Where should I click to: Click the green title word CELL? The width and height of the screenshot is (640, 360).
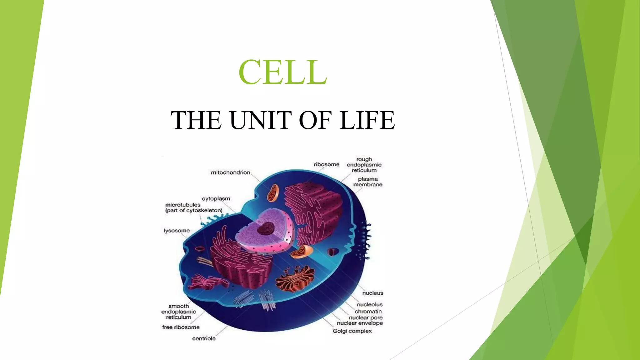(282, 72)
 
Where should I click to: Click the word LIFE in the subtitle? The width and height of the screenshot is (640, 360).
(367, 120)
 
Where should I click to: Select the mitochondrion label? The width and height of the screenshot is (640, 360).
(230, 172)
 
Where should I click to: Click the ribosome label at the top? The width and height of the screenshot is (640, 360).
(326, 164)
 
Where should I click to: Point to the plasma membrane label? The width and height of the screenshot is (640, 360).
(368, 182)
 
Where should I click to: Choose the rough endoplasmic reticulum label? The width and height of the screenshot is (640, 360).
(364, 165)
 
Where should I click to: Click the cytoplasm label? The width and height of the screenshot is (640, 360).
(216, 199)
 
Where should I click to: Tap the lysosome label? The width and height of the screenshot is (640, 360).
(177, 231)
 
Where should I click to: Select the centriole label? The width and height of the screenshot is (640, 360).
(204, 338)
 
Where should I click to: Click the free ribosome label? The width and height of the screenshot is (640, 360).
(181, 327)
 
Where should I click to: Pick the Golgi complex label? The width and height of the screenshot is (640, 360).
(352, 331)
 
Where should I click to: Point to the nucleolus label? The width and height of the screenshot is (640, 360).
(369, 304)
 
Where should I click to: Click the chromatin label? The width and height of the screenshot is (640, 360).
(368, 312)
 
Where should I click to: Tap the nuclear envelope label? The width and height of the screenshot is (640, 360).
(360, 323)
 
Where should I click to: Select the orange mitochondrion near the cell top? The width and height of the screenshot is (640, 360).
(272, 193)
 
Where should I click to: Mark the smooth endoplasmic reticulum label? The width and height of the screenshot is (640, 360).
(178, 312)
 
